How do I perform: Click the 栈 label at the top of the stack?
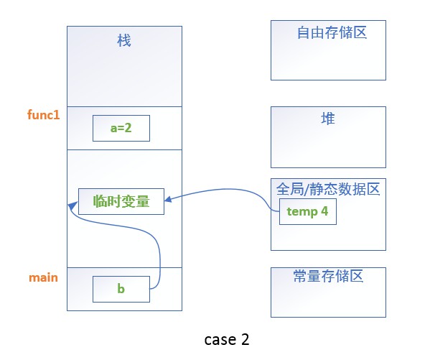tap(124, 42)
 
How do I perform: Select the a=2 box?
tap(121, 129)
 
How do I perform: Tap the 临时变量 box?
tap(121, 202)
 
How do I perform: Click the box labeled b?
tap(121, 289)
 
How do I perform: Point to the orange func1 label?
tap(42, 115)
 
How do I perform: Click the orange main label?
tap(43, 277)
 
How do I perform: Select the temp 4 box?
tap(307, 212)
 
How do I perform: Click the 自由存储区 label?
tap(332, 32)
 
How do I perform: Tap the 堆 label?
tap(328, 119)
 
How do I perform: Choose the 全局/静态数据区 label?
tap(328, 189)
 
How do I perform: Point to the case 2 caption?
tap(226, 339)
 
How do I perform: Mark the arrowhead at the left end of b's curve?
tap(70, 206)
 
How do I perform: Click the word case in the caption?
tap(218, 339)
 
